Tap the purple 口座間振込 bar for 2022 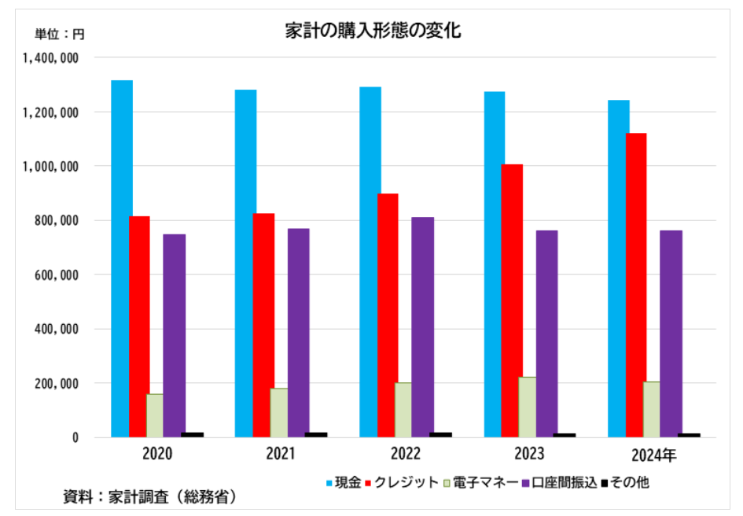pos(422,326)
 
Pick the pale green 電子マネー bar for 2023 pos(528,407)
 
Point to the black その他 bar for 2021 pos(316,434)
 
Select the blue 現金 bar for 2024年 pos(619,268)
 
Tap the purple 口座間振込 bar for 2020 pos(175,335)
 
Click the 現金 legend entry pos(344,481)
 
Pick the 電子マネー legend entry pos(480,481)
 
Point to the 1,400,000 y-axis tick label pos(50,57)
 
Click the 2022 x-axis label pos(406,454)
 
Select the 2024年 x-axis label pos(653,454)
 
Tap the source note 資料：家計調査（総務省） pos(149,497)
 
